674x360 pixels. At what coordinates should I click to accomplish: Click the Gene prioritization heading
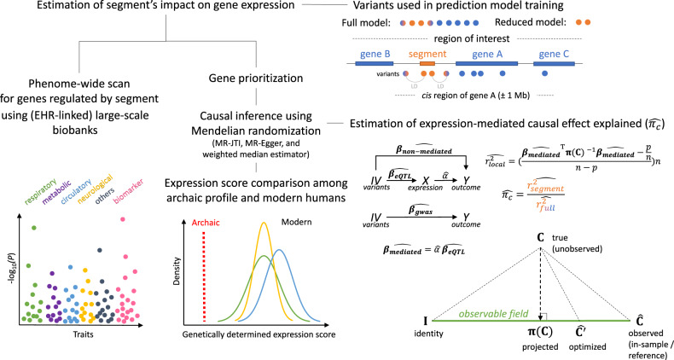point(250,78)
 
